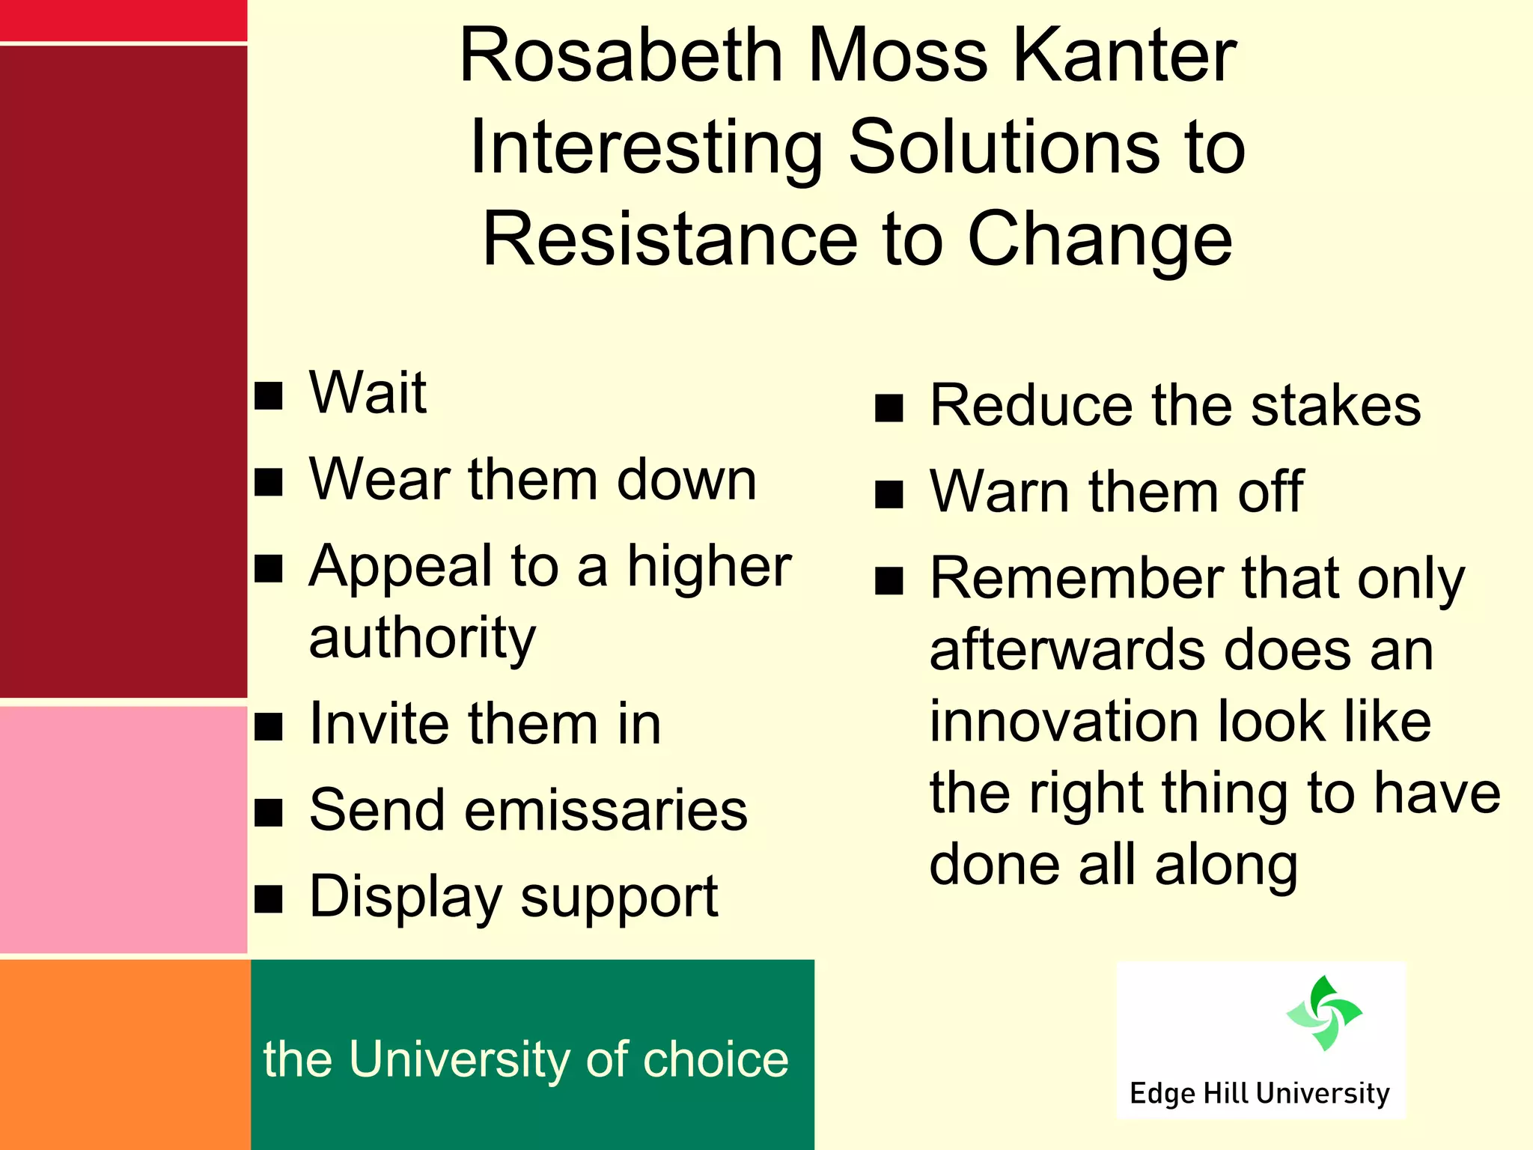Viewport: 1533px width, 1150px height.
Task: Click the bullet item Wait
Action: click(368, 393)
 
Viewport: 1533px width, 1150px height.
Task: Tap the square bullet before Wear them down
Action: click(269, 483)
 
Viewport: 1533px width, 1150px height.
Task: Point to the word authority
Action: click(422, 639)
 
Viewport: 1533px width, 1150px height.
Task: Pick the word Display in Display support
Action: click(405, 897)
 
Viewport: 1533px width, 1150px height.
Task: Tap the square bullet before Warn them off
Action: click(889, 494)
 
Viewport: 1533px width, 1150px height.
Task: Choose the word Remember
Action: click(1076, 579)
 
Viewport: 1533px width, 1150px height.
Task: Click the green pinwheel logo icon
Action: click(1323, 1013)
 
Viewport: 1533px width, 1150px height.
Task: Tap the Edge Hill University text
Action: click(1259, 1094)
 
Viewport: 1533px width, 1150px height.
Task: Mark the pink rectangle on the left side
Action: click(123, 829)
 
